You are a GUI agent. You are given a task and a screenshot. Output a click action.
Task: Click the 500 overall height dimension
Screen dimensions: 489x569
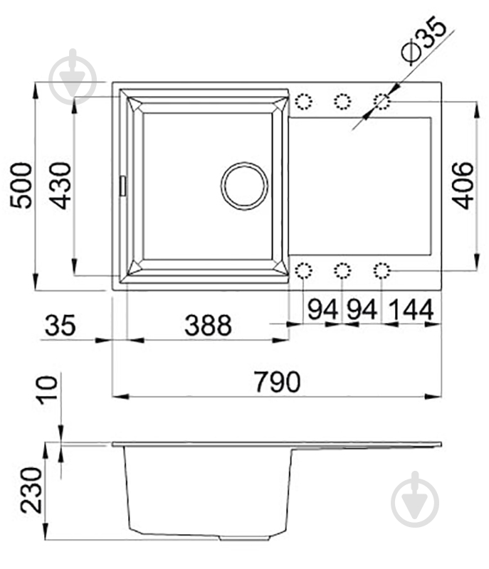click(21, 186)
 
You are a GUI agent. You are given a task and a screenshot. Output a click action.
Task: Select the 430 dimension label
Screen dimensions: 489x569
click(61, 186)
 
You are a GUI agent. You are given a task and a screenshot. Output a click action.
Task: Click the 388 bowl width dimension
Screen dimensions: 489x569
click(208, 325)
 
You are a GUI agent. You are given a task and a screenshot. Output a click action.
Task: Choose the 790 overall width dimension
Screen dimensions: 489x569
click(278, 381)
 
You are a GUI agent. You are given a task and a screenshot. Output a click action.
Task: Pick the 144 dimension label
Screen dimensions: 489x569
click(411, 309)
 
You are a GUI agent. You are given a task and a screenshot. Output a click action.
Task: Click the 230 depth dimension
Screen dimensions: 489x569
click(31, 491)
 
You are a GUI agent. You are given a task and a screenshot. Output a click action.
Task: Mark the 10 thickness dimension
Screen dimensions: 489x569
click(48, 390)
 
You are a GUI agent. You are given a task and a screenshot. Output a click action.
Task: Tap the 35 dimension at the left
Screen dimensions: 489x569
click(60, 325)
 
